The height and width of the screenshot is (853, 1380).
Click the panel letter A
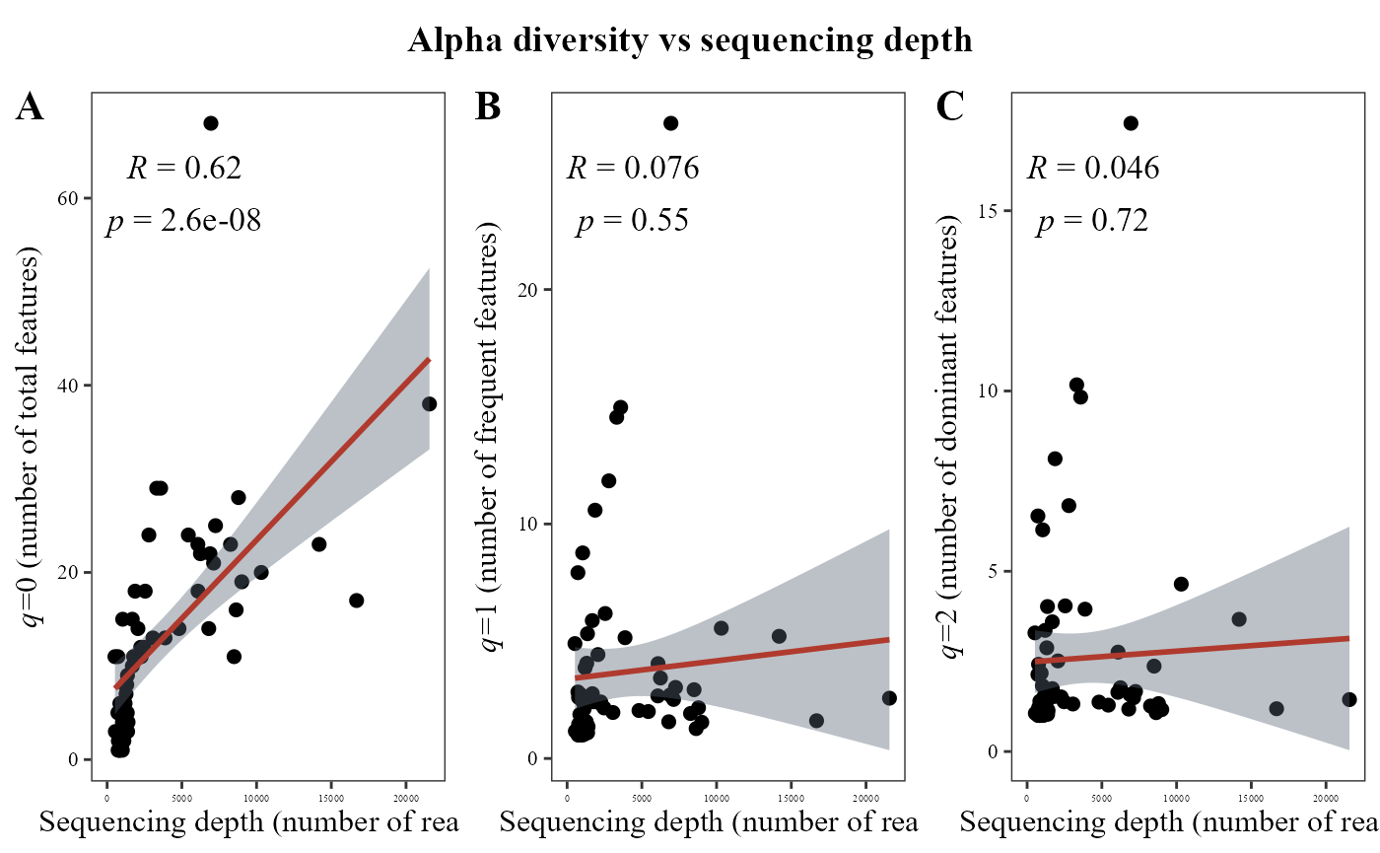click(30, 107)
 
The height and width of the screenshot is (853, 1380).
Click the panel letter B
click(488, 107)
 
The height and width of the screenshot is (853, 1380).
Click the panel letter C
click(949, 107)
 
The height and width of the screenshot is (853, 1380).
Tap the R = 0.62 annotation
click(184, 169)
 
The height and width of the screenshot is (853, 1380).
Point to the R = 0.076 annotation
click(633, 169)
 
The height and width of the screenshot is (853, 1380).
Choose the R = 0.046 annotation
click(1093, 169)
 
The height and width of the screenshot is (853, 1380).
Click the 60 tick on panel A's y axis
click(69, 198)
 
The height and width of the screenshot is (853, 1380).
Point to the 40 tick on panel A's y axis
click(69, 386)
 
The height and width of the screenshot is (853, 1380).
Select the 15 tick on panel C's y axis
click(991, 211)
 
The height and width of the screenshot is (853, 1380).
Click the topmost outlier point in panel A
click(210, 123)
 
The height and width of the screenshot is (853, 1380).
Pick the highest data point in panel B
click(670, 123)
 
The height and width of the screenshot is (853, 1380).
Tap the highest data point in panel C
click(1131, 123)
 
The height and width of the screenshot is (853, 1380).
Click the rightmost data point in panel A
click(429, 404)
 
